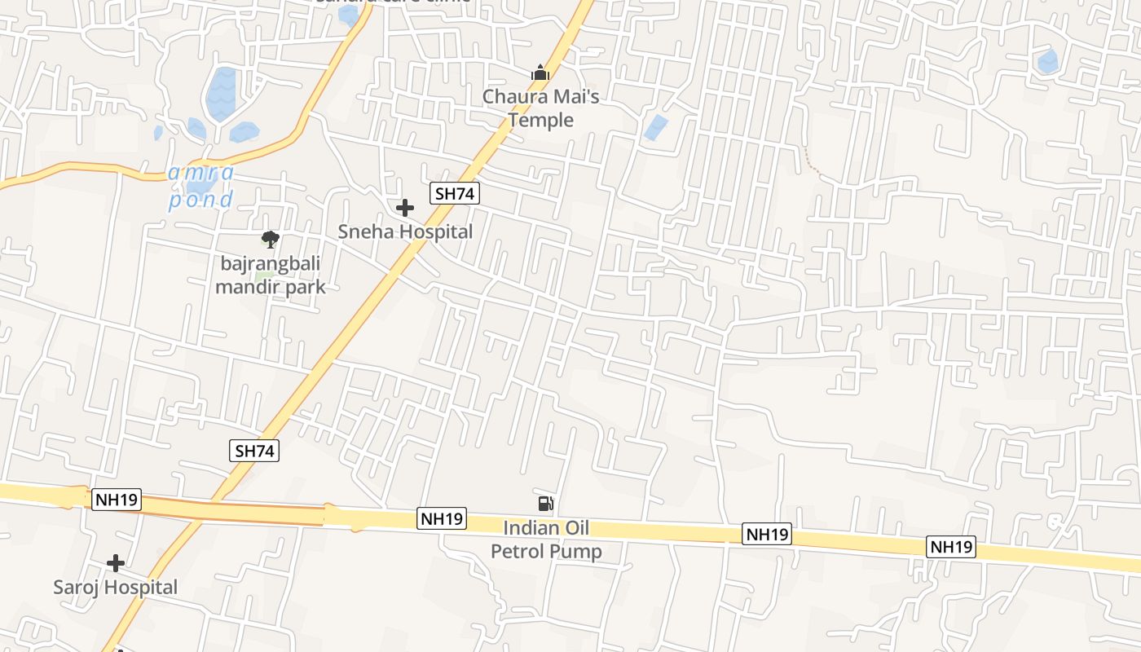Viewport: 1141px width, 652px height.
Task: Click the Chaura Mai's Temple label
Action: tap(541, 108)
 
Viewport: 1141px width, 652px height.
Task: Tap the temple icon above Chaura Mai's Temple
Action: tap(540, 73)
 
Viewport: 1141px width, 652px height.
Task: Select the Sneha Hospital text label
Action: tap(405, 231)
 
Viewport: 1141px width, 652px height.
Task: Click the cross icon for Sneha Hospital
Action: tap(405, 208)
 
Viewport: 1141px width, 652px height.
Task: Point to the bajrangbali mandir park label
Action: tap(270, 275)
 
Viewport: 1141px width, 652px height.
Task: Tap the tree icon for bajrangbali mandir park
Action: tap(271, 239)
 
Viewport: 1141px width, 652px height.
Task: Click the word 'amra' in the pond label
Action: tap(200, 174)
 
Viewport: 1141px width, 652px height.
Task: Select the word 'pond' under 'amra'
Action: tap(200, 200)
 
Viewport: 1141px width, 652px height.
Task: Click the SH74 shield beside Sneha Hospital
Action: tap(455, 193)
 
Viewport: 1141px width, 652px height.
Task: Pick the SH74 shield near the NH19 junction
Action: tap(254, 451)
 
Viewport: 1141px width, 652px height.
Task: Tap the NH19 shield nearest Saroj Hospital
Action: tap(117, 500)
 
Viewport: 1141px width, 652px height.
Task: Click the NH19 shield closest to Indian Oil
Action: tap(442, 518)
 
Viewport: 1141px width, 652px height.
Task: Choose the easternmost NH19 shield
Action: tap(951, 547)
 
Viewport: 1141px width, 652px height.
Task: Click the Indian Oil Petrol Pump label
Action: tap(546, 540)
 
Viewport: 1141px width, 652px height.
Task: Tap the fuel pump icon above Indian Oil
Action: tap(545, 504)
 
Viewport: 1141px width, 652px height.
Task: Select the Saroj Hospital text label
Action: tap(115, 587)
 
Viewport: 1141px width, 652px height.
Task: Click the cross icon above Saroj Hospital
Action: tap(116, 563)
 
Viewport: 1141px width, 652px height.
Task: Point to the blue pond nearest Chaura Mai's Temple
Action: tap(654, 127)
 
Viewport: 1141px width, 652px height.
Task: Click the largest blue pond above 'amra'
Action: tap(221, 94)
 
